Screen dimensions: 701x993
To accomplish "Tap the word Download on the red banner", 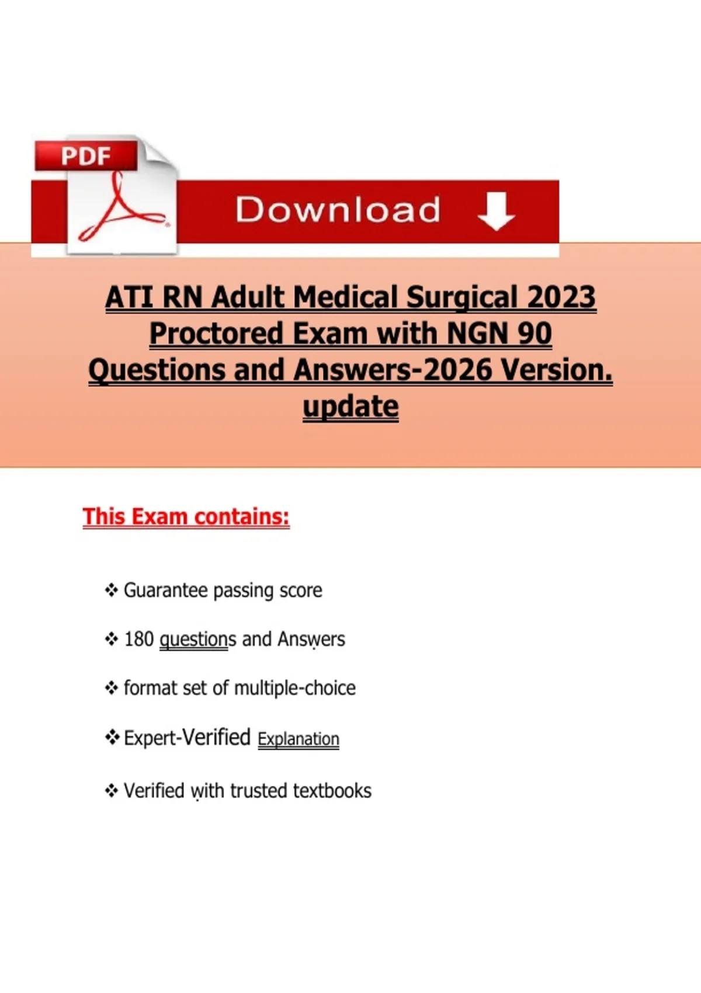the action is (338, 210).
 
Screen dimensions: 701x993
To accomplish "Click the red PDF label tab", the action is (86, 155).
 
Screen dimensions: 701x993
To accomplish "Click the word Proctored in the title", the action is (216, 334).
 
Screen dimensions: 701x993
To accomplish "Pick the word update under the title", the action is (350, 407).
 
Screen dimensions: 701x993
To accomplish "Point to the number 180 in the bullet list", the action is (139, 640).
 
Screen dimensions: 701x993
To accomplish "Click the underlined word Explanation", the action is (299, 739).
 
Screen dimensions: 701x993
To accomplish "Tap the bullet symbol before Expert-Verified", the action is (112, 737).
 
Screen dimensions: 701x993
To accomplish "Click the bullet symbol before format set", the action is (112, 688).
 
